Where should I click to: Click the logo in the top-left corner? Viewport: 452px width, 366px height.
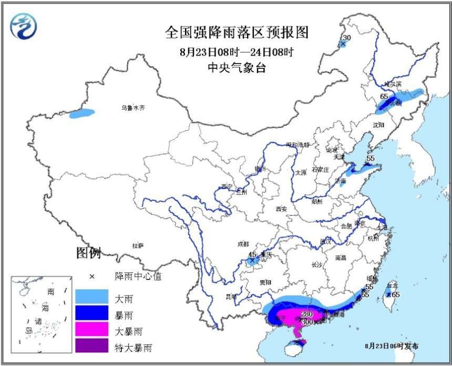(x=24, y=26)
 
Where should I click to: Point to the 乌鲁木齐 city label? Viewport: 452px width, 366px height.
(x=132, y=108)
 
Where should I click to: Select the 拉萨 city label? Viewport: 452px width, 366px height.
(x=138, y=245)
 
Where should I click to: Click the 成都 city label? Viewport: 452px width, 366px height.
(x=243, y=244)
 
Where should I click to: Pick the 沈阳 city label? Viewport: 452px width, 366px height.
(x=378, y=125)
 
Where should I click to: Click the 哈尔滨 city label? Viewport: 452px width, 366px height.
(x=392, y=84)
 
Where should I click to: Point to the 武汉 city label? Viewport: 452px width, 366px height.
(x=325, y=242)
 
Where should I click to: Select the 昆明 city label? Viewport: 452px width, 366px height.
(x=231, y=297)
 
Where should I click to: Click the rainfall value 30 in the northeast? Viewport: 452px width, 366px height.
(x=346, y=38)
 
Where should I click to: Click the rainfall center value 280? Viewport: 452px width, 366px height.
(x=306, y=315)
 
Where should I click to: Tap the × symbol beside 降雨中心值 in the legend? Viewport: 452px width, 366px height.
(x=91, y=276)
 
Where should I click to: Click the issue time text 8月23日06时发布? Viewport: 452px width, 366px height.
(x=392, y=346)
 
